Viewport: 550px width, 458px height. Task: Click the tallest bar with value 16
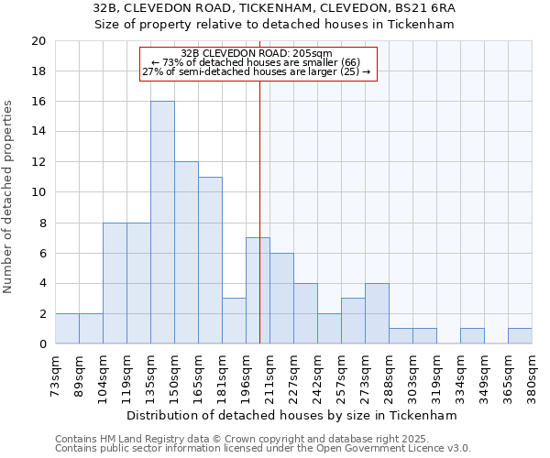click(162, 223)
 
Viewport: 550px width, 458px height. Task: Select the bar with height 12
click(186, 253)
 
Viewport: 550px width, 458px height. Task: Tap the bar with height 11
click(210, 260)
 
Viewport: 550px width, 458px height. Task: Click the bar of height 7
click(258, 290)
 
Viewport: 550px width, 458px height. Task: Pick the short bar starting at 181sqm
click(234, 321)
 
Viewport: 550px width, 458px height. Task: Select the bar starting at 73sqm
click(67, 328)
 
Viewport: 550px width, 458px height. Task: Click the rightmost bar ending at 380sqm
click(520, 336)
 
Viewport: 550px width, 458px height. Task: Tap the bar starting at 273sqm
click(377, 313)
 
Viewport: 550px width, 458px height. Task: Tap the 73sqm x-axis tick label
click(55, 372)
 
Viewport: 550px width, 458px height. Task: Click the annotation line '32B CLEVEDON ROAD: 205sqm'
click(257, 54)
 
